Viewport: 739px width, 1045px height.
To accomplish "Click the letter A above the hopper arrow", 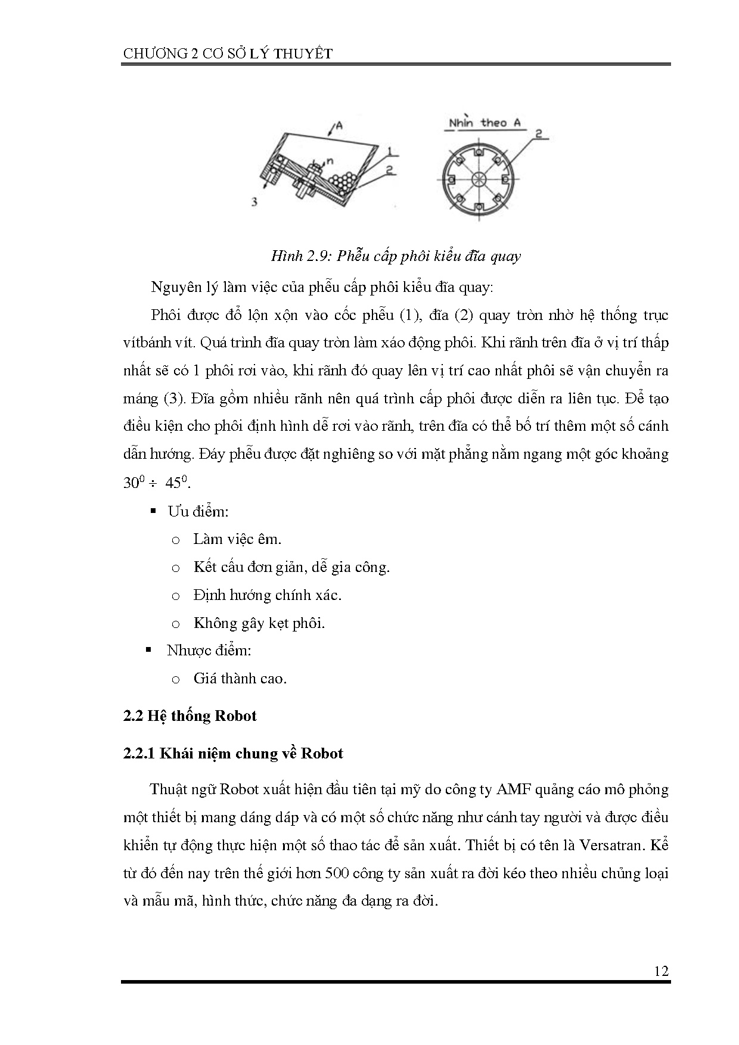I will tap(339, 125).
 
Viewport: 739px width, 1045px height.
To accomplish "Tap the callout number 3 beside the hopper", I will tap(254, 202).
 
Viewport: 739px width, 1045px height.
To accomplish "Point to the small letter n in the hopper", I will tap(330, 160).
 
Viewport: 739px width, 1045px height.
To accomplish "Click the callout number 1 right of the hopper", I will tap(388, 150).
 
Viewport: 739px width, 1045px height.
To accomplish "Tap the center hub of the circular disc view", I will tap(479, 179).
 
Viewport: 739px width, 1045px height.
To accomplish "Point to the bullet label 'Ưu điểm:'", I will tap(198, 511).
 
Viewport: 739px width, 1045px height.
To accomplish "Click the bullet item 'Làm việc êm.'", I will tap(237, 539).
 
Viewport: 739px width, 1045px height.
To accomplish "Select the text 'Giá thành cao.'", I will tap(240, 678).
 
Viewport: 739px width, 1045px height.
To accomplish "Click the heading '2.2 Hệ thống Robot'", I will tap(190, 716).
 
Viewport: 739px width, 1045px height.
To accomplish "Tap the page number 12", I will tap(661, 971).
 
